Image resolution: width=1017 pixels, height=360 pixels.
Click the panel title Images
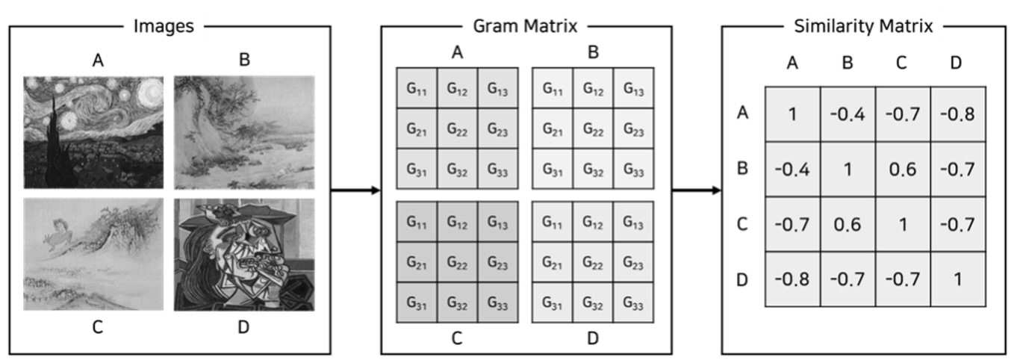pyautogui.click(x=164, y=26)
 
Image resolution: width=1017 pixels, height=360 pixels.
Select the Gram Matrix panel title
pyautogui.click(x=525, y=26)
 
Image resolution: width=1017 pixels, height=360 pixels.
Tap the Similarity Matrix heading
pyautogui.click(x=863, y=26)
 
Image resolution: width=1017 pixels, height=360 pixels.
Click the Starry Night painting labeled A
pyautogui.click(x=93, y=132)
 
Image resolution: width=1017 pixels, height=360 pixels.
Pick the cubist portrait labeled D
pyautogui.click(x=244, y=254)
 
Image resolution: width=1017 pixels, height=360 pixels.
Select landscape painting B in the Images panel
pyautogui.click(x=244, y=132)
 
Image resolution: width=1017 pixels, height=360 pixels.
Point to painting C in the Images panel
pyautogui.click(x=93, y=254)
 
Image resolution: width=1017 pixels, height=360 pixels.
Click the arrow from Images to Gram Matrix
pyautogui.click(x=355, y=190)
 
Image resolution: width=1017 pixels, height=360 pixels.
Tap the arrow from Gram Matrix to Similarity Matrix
pyautogui.click(x=697, y=190)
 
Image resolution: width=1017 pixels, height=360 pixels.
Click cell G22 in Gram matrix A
pyautogui.click(x=457, y=128)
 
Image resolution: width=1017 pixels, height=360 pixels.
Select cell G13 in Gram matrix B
pyautogui.click(x=634, y=88)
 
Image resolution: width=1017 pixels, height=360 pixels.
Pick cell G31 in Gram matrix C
pyautogui.click(x=417, y=302)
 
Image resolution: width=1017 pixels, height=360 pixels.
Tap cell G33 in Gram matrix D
pyautogui.click(x=633, y=302)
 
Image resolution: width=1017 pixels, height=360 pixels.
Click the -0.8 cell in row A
pyautogui.click(x=958, y=114)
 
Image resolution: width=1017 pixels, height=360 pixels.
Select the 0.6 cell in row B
pyautogui.click(x=903, y=170)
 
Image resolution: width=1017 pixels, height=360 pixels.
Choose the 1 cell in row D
pyautogui.click(x=958, y=279)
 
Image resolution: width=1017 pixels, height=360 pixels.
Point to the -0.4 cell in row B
pyautogui.click(x=792, y=170)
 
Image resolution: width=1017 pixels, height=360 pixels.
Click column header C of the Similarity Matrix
pyautogui.click(x=902, y=63)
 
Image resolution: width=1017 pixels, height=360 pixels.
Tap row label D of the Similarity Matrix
pyautogui.click(x=742, y=279)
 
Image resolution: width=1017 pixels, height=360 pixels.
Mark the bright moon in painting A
pyautogui.click(x=149, y=92)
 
